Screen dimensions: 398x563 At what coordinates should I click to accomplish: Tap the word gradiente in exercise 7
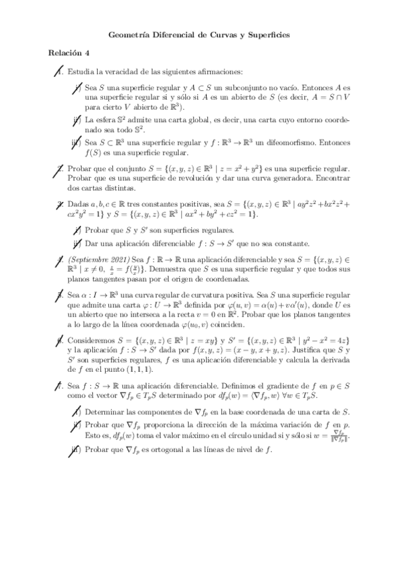[250, 386]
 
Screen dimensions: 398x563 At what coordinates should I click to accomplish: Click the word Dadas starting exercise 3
[79, 206]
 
